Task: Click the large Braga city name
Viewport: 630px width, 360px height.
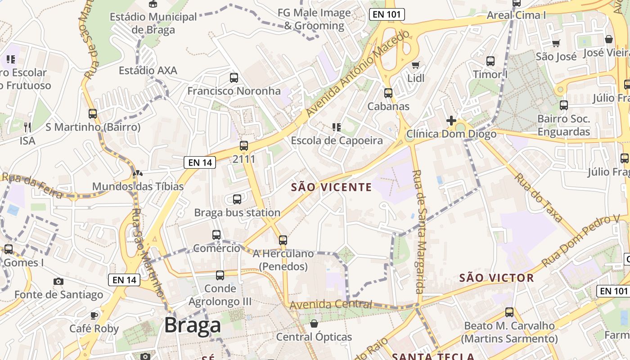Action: [192, 325]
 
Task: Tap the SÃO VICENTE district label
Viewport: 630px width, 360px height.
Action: [332, 187]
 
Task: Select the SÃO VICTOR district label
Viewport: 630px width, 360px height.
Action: [496, 278]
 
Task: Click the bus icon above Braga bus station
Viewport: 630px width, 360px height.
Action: [237, 199]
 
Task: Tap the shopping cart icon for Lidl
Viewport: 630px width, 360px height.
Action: [415, 65]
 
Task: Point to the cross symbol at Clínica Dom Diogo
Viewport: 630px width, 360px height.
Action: [451, 121]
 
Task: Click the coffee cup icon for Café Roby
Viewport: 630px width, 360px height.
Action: [94, 315]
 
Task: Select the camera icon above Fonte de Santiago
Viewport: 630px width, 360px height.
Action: [58, 282]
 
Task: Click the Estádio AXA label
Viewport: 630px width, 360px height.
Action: [148, 71]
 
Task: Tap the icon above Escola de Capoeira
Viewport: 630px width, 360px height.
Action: [336, 127]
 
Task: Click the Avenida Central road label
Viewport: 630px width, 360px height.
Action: [331, 305]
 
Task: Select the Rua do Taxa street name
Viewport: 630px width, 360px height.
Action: [539, 198]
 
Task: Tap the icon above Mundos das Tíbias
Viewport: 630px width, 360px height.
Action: [138, 173]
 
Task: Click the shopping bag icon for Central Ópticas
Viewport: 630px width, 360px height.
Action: [314, 324]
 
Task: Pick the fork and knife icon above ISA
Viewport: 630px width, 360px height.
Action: [27, 127]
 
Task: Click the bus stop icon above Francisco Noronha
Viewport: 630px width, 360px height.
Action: [234, 77]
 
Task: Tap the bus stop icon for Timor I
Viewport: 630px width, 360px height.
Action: [490, 61]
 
